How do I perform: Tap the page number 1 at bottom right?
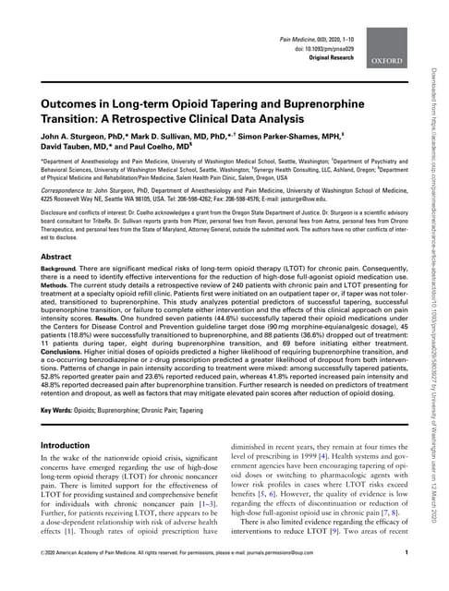(407, 578)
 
